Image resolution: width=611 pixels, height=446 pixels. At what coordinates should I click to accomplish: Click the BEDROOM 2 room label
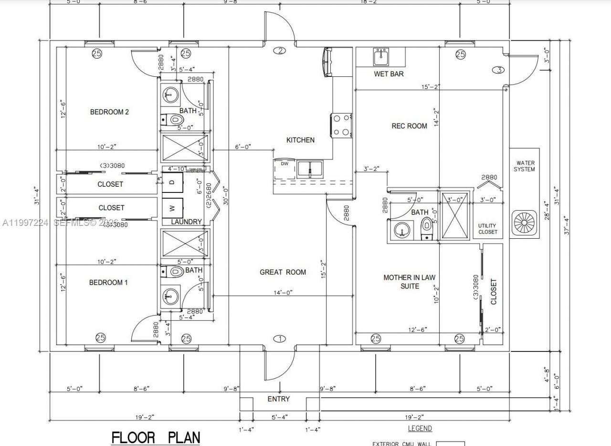[x=109, y=112]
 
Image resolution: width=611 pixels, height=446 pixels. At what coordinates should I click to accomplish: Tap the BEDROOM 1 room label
[x=108, y=283]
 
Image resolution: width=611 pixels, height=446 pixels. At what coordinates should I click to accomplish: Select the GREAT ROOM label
[x=283, y=272]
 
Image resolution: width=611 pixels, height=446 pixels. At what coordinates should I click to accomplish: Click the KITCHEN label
[x=300, y=140]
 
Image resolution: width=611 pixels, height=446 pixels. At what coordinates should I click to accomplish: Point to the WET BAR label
[x=389, y=74]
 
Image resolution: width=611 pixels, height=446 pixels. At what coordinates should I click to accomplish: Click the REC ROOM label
[x=409, y=126]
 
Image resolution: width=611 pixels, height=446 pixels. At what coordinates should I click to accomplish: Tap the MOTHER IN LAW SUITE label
[x=409, y=282]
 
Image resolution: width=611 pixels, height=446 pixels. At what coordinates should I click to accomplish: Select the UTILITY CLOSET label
[x=487, y=229]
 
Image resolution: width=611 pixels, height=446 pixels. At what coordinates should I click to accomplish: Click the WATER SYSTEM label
[x=524, y=166]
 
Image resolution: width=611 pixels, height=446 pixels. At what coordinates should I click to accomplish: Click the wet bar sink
[x=381, y=57]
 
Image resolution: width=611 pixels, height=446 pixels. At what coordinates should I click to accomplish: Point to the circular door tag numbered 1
[x=279, y=339]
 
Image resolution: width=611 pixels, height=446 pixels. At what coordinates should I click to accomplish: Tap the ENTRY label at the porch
[x=278, y=399]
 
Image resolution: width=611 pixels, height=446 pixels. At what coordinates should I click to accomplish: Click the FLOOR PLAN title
[x=156, y=437]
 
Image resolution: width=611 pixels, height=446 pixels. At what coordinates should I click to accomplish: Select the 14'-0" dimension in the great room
[x=283, y=292]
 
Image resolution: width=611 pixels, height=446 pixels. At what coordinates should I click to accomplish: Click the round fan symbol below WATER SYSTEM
[x=525, y=223]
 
